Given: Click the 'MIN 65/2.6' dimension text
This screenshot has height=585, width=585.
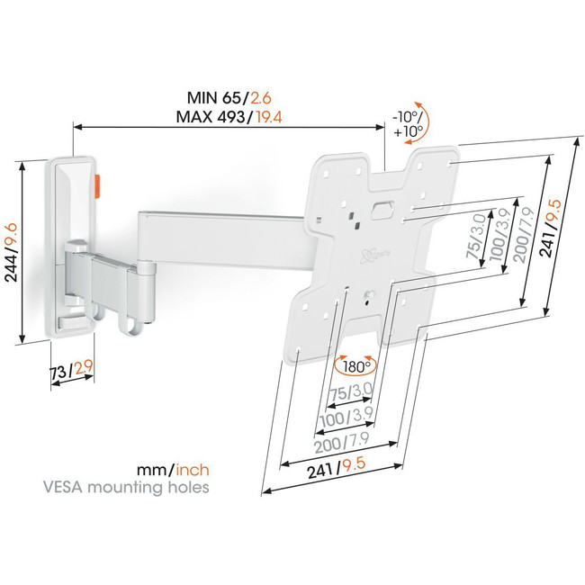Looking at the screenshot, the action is (229, 98).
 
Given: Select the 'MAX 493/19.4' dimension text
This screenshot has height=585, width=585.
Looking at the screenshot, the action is (229, 117).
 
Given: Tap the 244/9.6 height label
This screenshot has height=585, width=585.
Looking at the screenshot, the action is (11, 253).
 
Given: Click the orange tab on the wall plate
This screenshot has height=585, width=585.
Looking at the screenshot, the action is (98, 185).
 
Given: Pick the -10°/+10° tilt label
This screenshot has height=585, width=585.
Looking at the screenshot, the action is (408, 124).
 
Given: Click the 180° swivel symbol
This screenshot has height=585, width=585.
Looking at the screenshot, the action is (355, 366).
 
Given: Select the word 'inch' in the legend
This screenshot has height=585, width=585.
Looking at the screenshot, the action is (193, 470).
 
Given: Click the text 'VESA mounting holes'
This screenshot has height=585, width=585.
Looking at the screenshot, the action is (126, 487).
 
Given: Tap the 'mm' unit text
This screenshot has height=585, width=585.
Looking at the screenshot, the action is (151, 471).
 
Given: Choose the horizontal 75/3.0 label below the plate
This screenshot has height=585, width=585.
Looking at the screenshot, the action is (351, 392).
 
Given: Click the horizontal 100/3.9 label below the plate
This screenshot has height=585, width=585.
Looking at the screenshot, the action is (347, 417).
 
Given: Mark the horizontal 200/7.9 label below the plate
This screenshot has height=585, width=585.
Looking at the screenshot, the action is (342, 442).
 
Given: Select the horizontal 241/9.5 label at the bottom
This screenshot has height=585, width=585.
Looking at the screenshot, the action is (337, 468).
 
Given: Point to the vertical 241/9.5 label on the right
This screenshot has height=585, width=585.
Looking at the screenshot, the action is (551, 228).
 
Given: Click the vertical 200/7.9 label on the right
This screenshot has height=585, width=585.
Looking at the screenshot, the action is (524, 235).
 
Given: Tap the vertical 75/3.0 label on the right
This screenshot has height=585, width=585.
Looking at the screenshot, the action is (476, 236).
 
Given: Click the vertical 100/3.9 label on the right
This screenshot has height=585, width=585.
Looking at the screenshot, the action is (499, 235).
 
